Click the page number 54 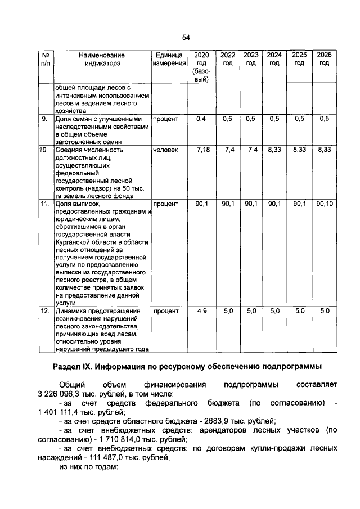pos(186,37)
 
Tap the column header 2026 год pos(324,59)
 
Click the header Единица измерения pos(169,59)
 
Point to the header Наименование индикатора pos(101,59)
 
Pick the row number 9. pos(44,119)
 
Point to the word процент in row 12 pos(166,310)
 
